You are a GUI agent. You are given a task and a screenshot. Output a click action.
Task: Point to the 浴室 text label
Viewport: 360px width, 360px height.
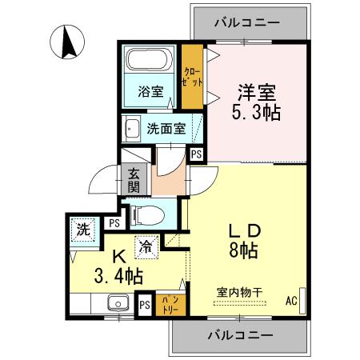pos(150,91)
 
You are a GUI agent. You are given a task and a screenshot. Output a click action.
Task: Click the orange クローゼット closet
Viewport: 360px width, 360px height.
pos(192,76)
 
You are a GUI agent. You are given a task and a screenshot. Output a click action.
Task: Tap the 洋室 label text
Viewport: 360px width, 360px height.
pos(257,89)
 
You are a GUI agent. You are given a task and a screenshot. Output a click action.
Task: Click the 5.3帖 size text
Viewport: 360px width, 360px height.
pos(257,111)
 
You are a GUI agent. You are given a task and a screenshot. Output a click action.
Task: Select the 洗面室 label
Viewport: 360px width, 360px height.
pos(166,127)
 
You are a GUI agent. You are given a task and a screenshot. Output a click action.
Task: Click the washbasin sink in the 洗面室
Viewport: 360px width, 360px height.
pos(130,128)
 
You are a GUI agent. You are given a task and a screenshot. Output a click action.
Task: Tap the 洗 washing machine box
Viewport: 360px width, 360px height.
pos(82,230)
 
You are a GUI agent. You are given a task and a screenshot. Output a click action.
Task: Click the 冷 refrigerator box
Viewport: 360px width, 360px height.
pos(146,247)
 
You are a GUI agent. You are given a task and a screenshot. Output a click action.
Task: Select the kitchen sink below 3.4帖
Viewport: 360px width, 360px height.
pos(118,303)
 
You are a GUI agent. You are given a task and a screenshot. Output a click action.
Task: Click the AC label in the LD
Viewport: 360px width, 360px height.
pos(291,302)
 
